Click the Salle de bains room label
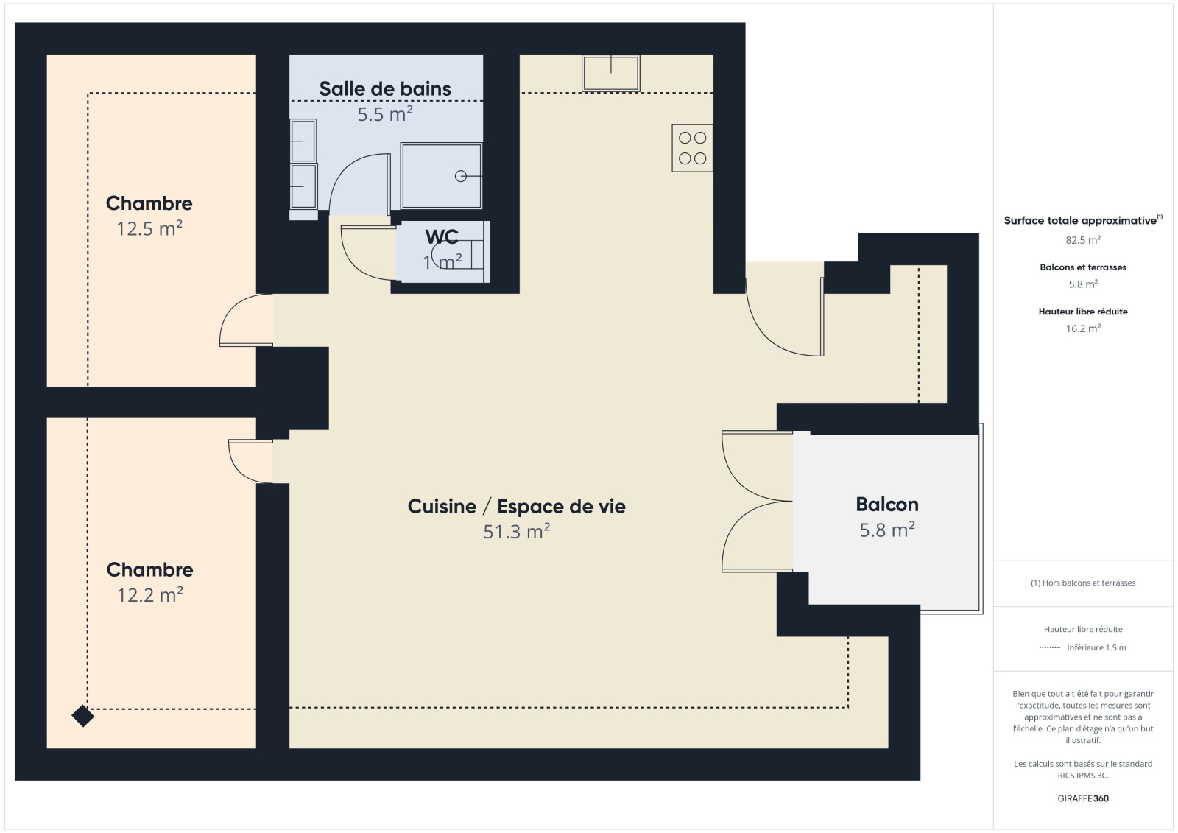(385, 89)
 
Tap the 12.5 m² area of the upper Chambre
(149, 229)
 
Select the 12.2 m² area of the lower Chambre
(150, 595)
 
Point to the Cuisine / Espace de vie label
(516, 506)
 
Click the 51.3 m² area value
(516, 532)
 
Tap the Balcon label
(887, 504)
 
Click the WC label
(442, 237)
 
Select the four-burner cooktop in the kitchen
(692, 148)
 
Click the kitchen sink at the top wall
(610, 73)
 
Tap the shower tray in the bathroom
(441, 176)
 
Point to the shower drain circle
(461, 176)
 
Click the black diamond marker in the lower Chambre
(82, 716)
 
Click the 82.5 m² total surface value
(1083, 240)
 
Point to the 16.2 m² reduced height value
(1083, 328)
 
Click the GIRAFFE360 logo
(1083, 798)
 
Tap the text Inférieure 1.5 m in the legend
(1096, 647)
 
